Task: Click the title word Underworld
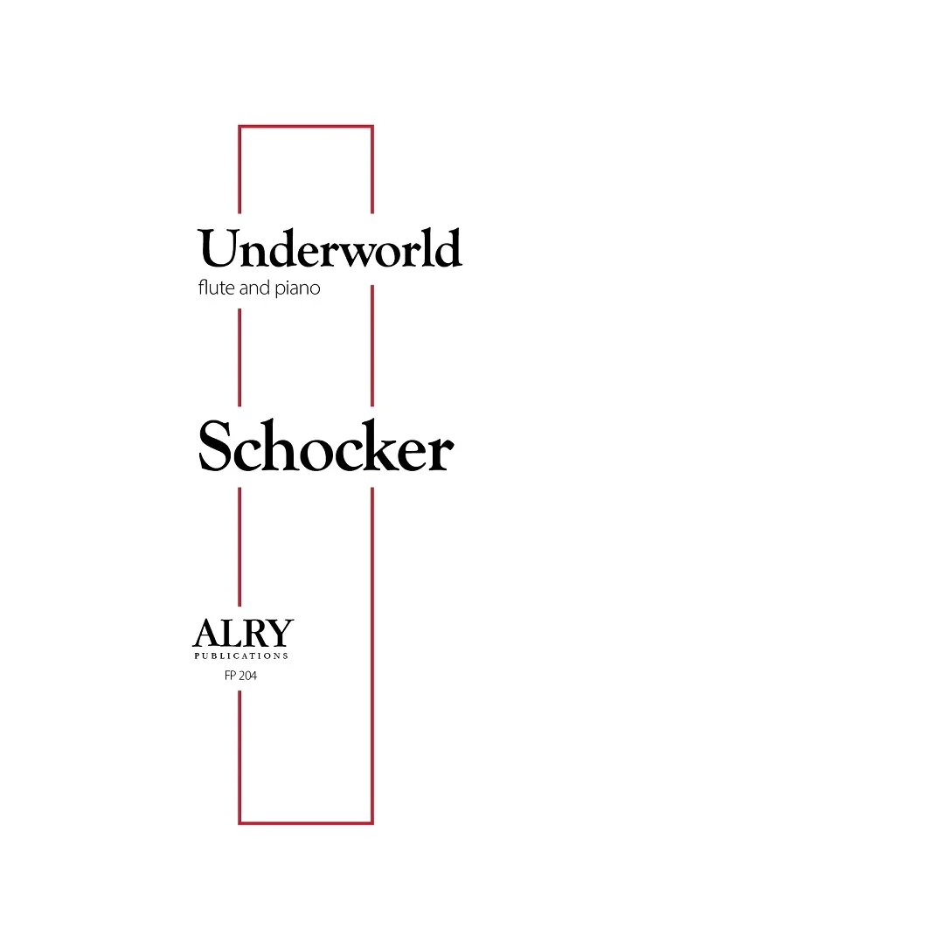tap(330, 247)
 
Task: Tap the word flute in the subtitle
tap(217, 288)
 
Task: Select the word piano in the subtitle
tap(297, 288)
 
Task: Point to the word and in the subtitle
tap(254, 288)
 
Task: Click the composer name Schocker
tap(326, 446)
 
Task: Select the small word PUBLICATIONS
tap(241, 656)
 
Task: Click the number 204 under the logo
tap(246, 676)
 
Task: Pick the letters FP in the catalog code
tap(229, 676)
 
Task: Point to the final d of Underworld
tap(448, 247)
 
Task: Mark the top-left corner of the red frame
tap(239, 127)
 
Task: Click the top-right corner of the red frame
tap(372, 127)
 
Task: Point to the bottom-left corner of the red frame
tap(239, 823)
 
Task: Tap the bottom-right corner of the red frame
tap(372, 823)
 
